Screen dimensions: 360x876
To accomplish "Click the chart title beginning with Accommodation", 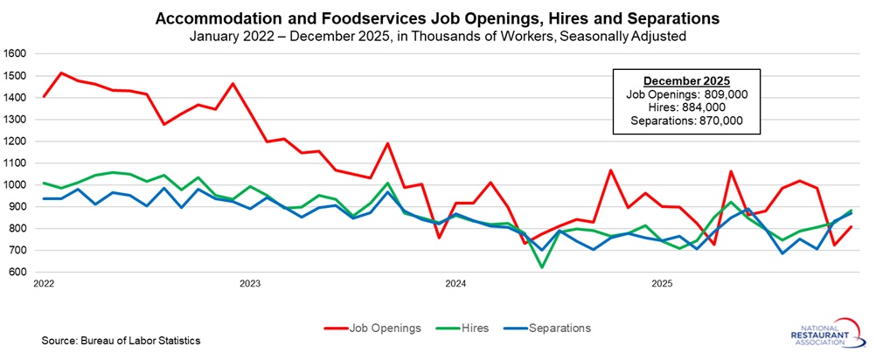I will click(437, 17).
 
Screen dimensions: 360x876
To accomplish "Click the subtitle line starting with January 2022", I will click(437, 35).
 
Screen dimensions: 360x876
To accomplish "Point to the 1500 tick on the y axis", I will click(17, 75).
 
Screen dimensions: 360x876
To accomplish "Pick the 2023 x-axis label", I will click(250, 284).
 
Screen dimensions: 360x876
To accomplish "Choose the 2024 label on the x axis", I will click(455, 284).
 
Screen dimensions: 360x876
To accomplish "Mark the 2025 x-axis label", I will click(662, 284).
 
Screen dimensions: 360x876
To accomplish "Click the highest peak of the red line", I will click(61, 73).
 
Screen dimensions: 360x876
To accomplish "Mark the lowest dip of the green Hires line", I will click(542, 267).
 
